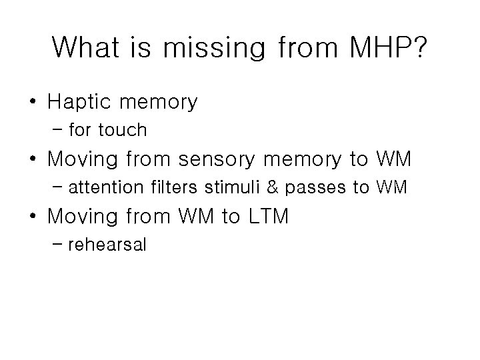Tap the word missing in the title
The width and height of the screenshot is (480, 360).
(x=215, y=47)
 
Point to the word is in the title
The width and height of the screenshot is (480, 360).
(x=149, y=47)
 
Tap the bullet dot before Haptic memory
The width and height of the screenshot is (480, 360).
(x=33, y=103)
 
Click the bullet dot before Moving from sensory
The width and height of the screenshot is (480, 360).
(x=33, y=160)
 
